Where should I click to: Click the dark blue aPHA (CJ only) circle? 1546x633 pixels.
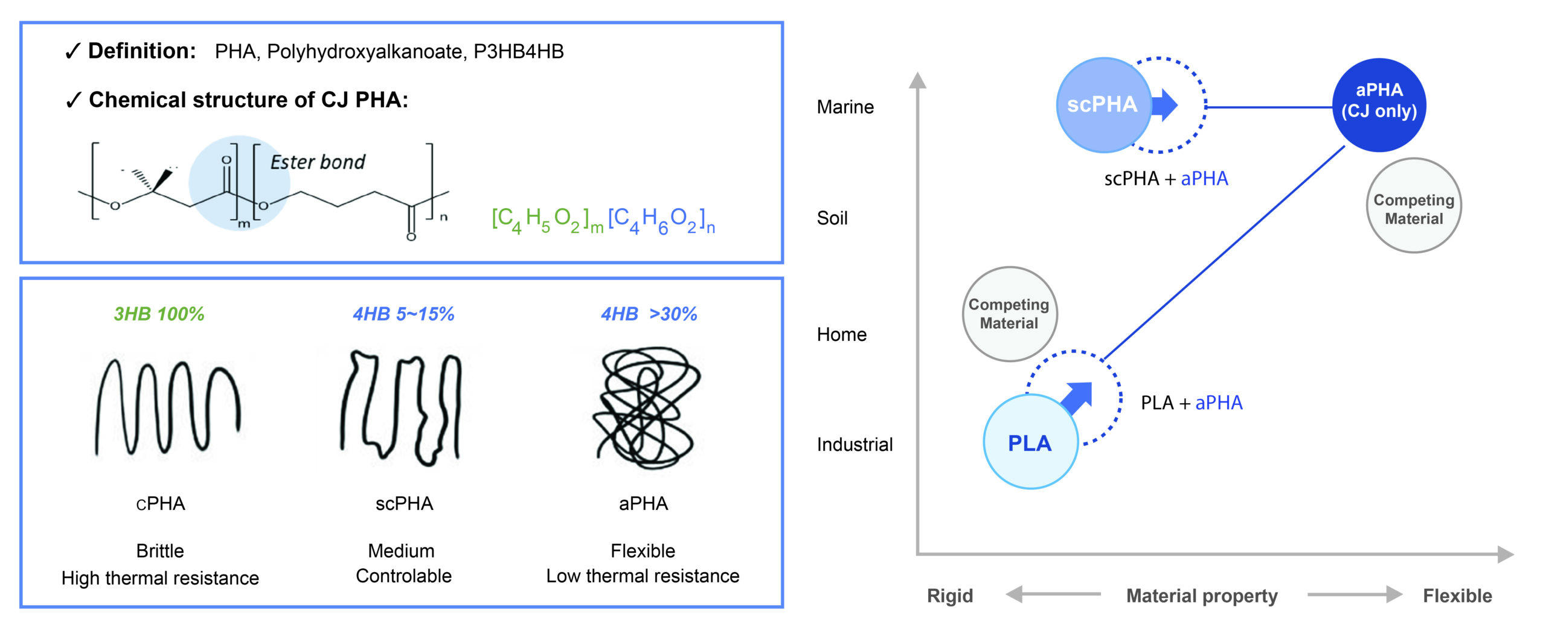point(1379,104)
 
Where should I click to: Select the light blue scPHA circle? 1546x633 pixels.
point(1103,104)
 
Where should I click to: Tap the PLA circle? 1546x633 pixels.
point(1030,442)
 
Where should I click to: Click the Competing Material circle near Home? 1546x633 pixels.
point(1009,314)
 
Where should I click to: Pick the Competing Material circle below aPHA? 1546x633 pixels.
point(1413,206)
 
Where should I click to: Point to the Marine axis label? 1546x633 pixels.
point(845,107)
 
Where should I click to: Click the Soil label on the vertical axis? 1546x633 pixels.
point(832,218)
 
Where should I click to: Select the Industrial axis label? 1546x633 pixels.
point(855,445)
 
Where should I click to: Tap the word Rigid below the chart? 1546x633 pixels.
point(950,596)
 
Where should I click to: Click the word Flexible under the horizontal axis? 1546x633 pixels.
point(1457,596)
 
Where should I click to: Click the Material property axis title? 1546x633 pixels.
point(1202,596)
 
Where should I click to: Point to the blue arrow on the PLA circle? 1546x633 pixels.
point(1078,397)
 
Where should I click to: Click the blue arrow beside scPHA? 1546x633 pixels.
point(1165,105)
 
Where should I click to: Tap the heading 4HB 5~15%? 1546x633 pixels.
point(403,314)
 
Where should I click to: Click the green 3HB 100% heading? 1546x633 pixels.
point(159,314)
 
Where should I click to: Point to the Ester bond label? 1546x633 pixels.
point(318,162)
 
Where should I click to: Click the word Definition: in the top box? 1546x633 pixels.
point(141,51)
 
